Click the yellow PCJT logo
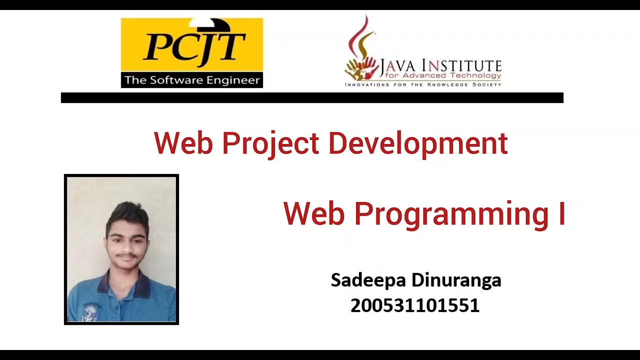click(192, 46)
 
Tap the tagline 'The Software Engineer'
click(192, 80)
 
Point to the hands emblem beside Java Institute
click(361, 69)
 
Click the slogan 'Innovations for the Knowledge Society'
click(423, 84)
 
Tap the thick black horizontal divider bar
click(312, 98)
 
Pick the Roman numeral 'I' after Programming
click(561, 213)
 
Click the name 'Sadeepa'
click(368, 280)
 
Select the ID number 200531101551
click(415, 305)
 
